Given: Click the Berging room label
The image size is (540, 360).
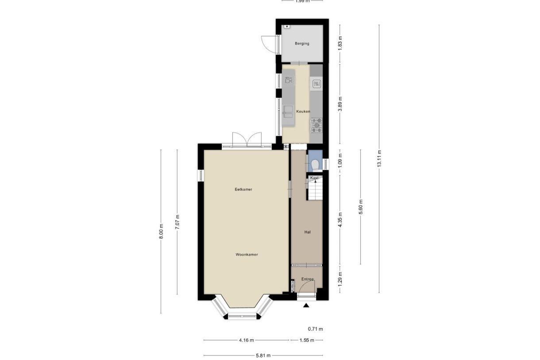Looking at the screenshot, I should tap(302, 43).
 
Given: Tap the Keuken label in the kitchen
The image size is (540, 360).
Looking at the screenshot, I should tap(303, 111).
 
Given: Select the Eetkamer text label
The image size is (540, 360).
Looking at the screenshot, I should tap(243, 190).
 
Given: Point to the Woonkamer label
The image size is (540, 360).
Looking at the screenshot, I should tap(247, 255).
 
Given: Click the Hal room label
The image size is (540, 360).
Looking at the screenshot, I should tap(307, 232).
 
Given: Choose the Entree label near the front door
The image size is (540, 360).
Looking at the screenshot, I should tap(307, 279).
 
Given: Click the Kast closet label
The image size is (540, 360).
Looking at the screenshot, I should tap(314, 178).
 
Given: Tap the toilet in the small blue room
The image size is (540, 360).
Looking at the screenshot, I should tap(315, 164).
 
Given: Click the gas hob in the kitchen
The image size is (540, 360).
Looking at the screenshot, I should tap(316, 125).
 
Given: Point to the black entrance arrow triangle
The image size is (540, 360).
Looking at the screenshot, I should tap(306, 305).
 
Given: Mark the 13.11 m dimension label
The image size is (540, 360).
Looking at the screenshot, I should tap(379, 158).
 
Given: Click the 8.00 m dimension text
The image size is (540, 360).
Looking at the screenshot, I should tap(161, 232).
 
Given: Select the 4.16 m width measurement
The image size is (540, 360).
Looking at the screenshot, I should tap(246, 340).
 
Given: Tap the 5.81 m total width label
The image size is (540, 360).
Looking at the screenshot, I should tap(262, 355).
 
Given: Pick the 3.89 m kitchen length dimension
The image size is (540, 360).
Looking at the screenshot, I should tap(340, 104).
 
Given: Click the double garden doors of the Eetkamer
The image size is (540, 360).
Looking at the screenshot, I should tap(247, 139).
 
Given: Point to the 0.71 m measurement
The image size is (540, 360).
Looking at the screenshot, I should tap(316, 329).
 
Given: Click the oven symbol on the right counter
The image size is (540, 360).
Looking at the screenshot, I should tap(316, 83).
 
